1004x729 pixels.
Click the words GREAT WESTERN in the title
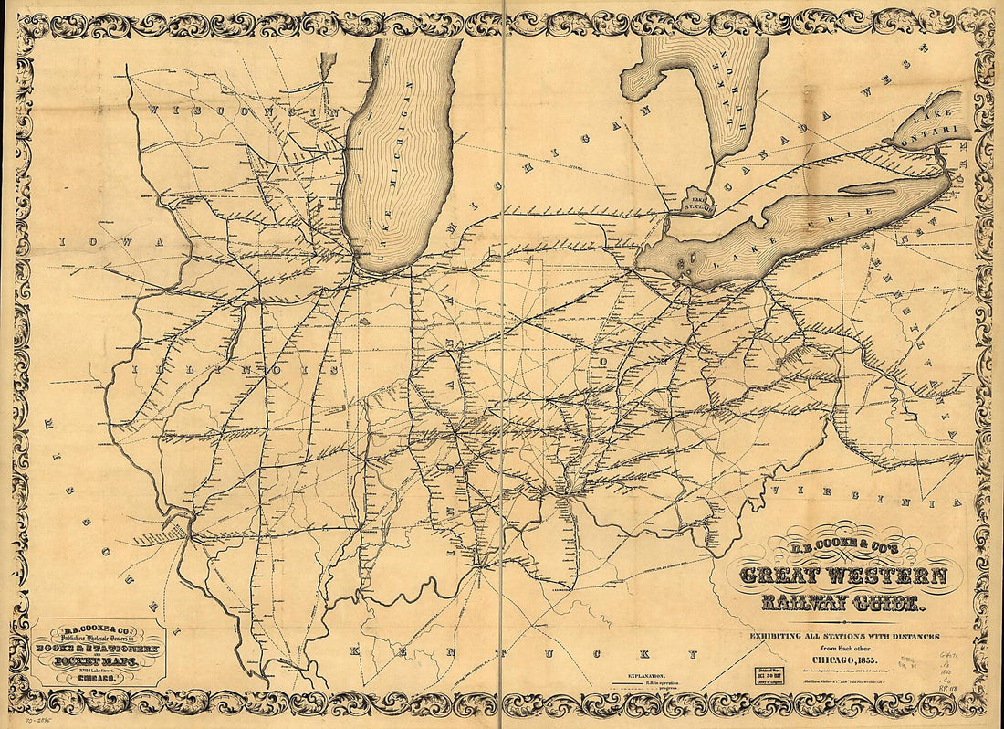(842, 576)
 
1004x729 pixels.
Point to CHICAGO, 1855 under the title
(841, 658)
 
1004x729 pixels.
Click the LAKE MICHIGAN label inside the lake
(399, 164)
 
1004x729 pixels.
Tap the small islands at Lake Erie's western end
(685, 264)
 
